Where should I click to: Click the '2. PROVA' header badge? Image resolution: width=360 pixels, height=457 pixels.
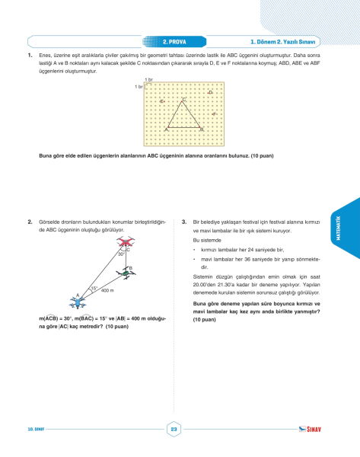pyautogui.click(x=175, y=41)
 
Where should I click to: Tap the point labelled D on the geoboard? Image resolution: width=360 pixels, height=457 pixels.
pyautogui.click(x=209, y=92)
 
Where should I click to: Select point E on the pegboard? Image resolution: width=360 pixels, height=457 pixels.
pyautogui.click(x=161, y=100)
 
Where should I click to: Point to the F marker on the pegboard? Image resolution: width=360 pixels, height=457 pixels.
pyautogui.click(x=214, y=114)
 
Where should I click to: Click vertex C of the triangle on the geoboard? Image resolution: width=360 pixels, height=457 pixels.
pyautogui.click(x=183, y=100)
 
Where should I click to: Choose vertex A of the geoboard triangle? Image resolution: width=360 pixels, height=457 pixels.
pyautogui.click(x=167, y=129)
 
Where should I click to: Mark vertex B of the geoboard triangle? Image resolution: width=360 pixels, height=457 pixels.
pyautogui.click(x=201, y=129)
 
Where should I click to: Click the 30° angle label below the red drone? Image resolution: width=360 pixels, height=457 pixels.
pyautogui.click(x=121, y=254)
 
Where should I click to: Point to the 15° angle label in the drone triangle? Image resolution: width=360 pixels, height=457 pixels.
pyautogui.click(x=94, y=288)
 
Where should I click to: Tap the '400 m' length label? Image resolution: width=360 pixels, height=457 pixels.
pyautogui.click(x=107, y=291)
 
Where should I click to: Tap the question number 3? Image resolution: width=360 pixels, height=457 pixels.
pyautogui.click(x=184, y=222)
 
